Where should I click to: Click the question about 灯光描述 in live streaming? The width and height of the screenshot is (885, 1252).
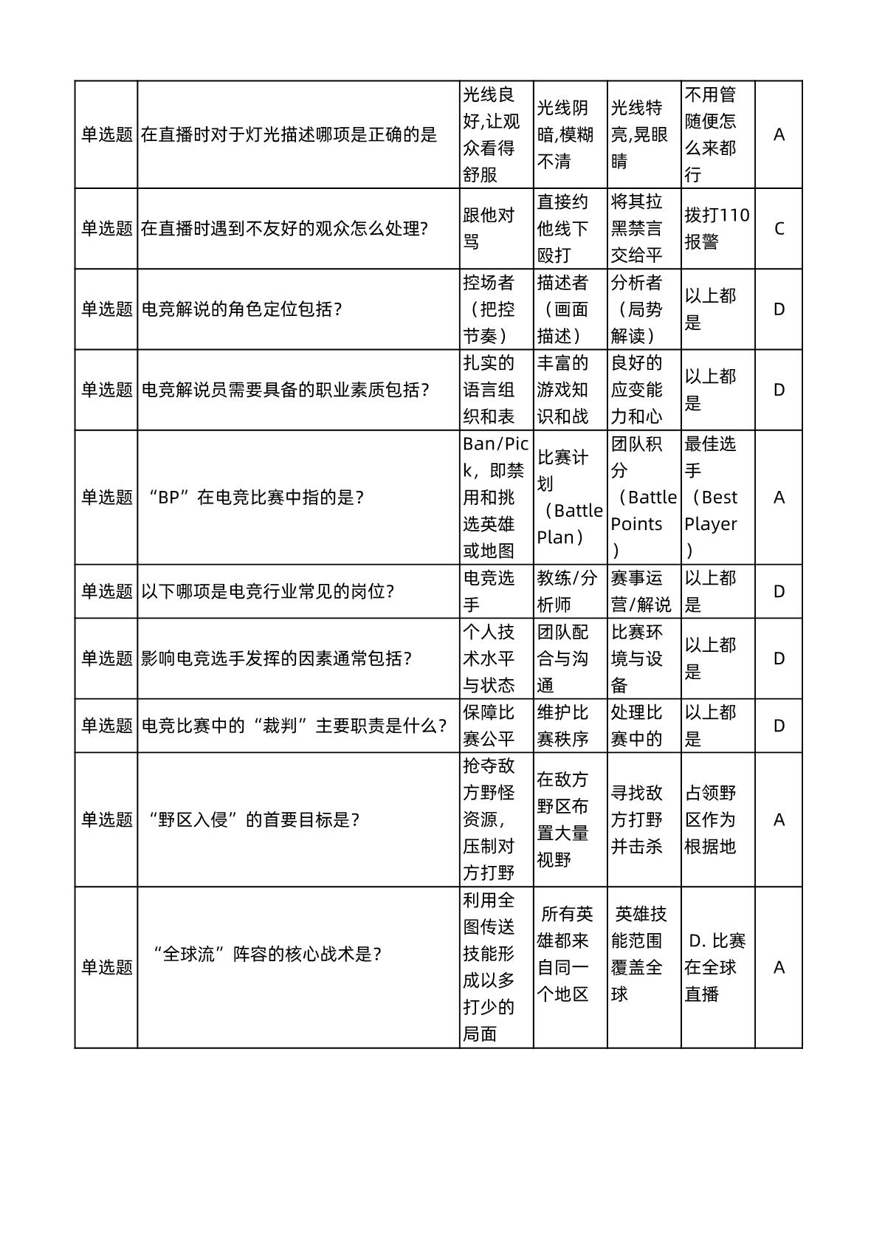point(289,134)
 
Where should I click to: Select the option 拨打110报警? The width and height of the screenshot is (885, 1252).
point(717,228)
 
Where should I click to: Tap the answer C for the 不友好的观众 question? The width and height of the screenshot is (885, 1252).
point(779,228)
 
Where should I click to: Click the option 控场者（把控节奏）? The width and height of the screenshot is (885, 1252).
point(489,309)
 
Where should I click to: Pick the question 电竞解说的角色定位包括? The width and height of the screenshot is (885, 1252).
point(241,309)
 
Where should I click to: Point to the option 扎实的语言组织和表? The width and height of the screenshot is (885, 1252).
point(489,389)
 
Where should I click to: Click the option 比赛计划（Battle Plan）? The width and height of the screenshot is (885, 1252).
point(569,497)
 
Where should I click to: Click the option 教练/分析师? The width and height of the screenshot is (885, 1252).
point(567,591)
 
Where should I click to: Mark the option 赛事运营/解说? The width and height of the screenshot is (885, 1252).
point(641,591)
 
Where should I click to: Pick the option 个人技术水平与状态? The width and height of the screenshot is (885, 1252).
point(489,658)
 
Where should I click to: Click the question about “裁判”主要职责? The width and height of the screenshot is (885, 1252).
point(294,725)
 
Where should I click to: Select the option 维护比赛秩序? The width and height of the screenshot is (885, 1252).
point(562,725)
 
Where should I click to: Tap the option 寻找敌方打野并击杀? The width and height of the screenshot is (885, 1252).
point(636,819)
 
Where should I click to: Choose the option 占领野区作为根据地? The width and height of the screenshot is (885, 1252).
point(710,819)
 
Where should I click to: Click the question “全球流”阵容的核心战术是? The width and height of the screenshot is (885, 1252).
point(266,954)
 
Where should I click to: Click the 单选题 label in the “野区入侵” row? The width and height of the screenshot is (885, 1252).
point(106,819)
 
